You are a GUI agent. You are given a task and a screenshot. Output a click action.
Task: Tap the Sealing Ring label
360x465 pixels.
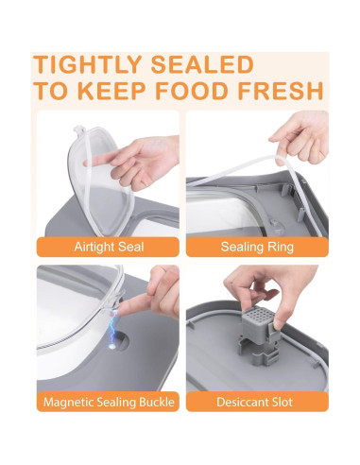point(257,247)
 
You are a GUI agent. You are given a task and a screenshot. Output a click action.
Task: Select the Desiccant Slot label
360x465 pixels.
point(257,403)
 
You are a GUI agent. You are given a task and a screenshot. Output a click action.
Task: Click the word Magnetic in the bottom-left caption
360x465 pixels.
point(71,403)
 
